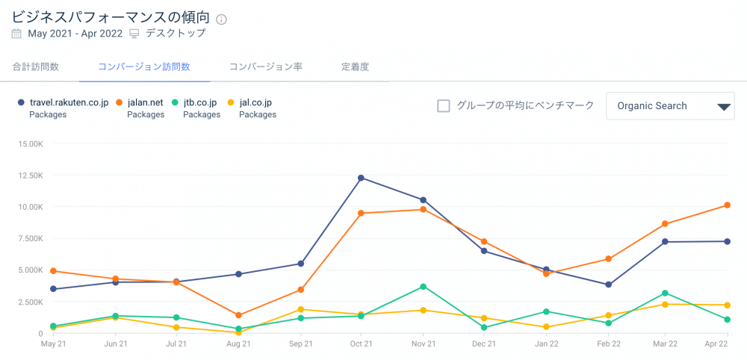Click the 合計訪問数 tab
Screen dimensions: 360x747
35,66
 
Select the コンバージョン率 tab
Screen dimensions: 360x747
265,66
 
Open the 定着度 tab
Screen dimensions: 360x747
355,66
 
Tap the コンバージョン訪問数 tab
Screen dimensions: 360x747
144,66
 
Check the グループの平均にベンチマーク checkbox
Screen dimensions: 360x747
444,106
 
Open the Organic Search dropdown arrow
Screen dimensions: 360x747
723,107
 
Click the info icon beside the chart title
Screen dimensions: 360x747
221,19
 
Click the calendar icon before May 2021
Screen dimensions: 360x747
17,34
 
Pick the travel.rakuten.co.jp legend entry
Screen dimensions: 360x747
67,102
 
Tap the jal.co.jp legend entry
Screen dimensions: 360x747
255,102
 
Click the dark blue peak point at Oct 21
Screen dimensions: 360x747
362,178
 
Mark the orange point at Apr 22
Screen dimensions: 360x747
727,205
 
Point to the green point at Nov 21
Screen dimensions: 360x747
424,287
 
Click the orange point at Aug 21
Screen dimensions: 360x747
238,315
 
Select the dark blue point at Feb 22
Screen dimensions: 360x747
609,285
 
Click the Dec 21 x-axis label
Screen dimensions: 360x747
484,344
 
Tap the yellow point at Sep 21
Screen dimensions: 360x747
300,309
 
